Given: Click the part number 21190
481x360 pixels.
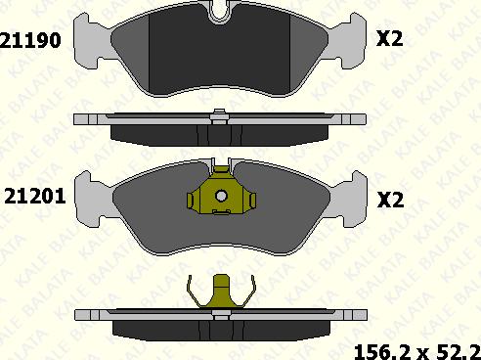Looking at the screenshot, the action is [x=30, y=40].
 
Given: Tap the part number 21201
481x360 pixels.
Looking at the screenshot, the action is [x=35, y=197].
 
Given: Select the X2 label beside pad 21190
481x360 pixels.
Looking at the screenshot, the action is [x=390, y=39].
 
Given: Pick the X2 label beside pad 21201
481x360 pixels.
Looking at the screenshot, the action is [x=390, y=200].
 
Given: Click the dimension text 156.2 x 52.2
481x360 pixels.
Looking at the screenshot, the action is [x=417, y=352].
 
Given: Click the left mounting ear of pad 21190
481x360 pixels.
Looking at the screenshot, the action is [x=91, y=41].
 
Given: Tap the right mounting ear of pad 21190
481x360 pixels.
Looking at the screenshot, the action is [x=348, y=41].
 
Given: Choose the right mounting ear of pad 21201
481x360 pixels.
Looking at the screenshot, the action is [x=349, y=199].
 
